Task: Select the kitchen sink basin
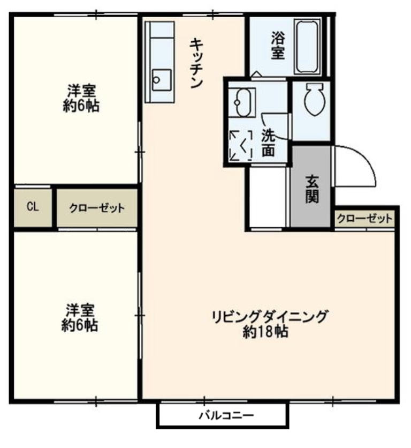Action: [x=162, y=80]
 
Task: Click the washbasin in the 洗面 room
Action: [x=242, y=102]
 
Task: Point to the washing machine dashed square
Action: [x=241, y=145]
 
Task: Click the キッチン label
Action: [x=196, y=63]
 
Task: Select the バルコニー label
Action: [x=226, y=415]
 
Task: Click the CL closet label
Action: [x=33, y=206]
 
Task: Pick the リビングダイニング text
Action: [x=269, y=317]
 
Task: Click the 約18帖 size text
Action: [x=265, y=332]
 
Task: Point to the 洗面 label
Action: [x=268, y=143]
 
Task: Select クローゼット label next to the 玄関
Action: [x=365, y=219]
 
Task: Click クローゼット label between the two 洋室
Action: [x=97, y=208]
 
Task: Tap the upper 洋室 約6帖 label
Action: [x=81, y=98]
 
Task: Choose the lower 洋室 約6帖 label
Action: [x=80, y=318]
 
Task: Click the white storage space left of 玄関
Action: [x=268, y=197]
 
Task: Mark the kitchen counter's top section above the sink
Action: [x=162, y=29]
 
